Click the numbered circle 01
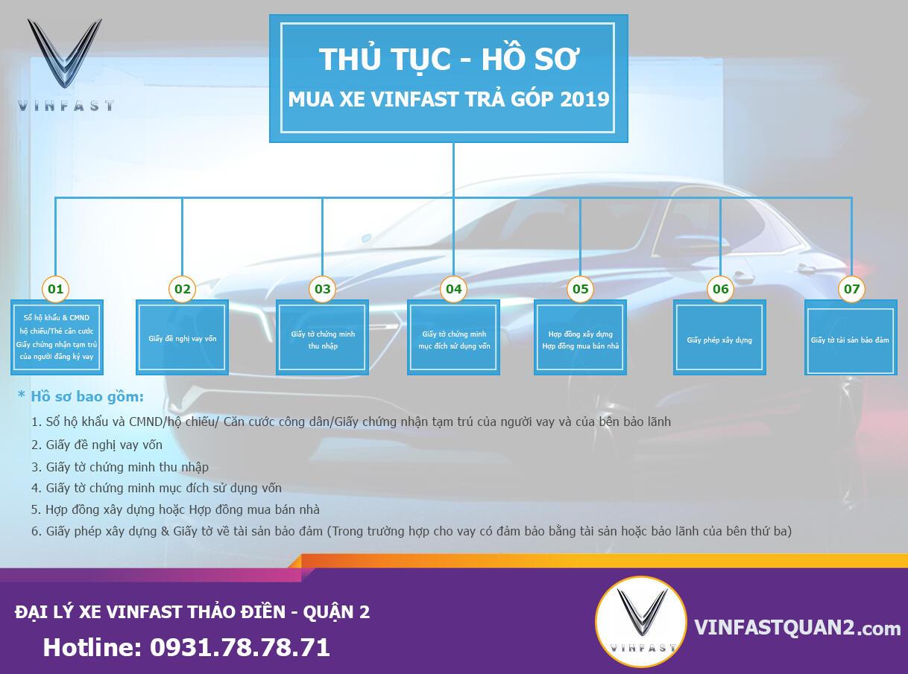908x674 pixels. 56,289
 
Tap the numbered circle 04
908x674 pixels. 453,289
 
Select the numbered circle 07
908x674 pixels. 851,289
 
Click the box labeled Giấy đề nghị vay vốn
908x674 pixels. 182,337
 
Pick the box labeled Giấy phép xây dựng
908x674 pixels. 719,337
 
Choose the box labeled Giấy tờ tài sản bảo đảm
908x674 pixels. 851,337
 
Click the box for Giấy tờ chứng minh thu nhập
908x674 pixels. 322,337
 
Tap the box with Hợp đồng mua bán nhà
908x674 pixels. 580,337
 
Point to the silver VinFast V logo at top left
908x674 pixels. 65,53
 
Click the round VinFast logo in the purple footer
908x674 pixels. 641,622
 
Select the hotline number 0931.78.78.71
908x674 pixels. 240,647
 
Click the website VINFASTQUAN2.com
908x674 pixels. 798,628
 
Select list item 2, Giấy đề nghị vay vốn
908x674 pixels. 97,445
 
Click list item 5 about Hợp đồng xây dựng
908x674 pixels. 175,509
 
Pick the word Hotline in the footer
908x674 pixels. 92,647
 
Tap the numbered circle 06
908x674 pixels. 720,289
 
